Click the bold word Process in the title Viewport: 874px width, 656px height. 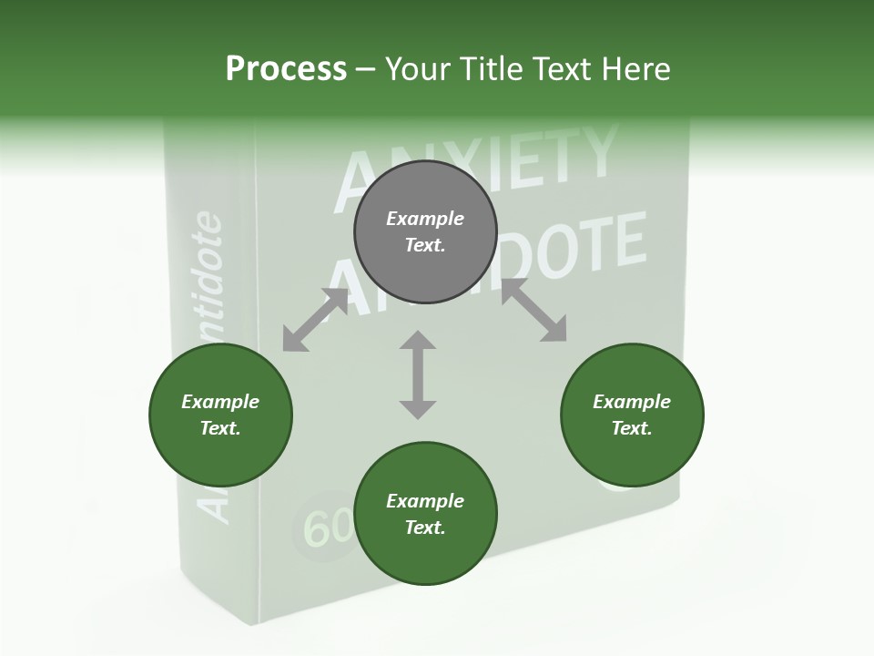tap(286, 69)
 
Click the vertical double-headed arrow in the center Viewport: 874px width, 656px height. tap(418, 374)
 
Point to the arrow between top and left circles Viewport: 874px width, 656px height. tap(315, 320)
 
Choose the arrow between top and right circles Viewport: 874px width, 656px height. tap(534, 311)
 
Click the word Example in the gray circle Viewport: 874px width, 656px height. tap(425, 219)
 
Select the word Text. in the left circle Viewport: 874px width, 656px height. tap(220, 428)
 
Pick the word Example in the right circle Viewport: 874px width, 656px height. tap(632, 402)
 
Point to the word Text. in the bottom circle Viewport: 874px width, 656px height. tap(425, 528)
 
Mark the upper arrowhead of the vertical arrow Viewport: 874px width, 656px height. tap(418, 341)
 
